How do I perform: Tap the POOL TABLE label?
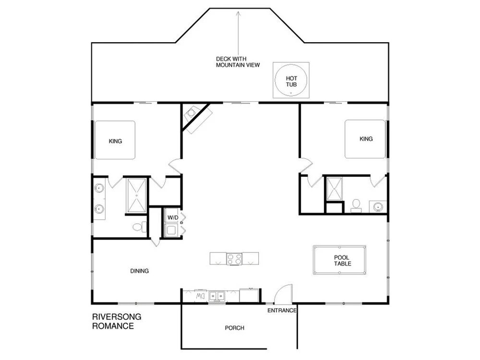pyautogui.click(x=342, y=261)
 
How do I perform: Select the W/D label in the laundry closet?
pyautogui.click(x=173, y=217)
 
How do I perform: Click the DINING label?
pyautogui.click(x=140, y=271)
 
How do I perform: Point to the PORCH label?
pyautogui.click(x=235, y=328)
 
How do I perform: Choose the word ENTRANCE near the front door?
pyautogui.click(x=282, y=311)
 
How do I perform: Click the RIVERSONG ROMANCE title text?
pyautogui.click(x=117, y=321)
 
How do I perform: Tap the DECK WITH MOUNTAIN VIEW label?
pyautogui.click(x=238, y=62)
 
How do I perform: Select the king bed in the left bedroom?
pyautogui.click(x=115, y=140)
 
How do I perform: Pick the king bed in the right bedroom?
pyautogui.click(x=365, y=139)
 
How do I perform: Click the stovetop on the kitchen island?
pyautogui.click(x=234, y=259)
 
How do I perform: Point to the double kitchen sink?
pyautogui.click(x=217, y=296)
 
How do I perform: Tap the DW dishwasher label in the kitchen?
pyautogui.click(x=200, y=296)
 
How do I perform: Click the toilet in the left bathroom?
pyautogui.click(x=139, y=227)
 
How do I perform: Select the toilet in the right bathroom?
pyautogui.click(x=356, y=205)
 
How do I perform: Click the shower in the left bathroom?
pyautogui.click(x=136, y=195)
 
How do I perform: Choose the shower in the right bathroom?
pyautogui.click(x=334, y=189)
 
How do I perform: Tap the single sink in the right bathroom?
pyautogui.click(x=378, y=206)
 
